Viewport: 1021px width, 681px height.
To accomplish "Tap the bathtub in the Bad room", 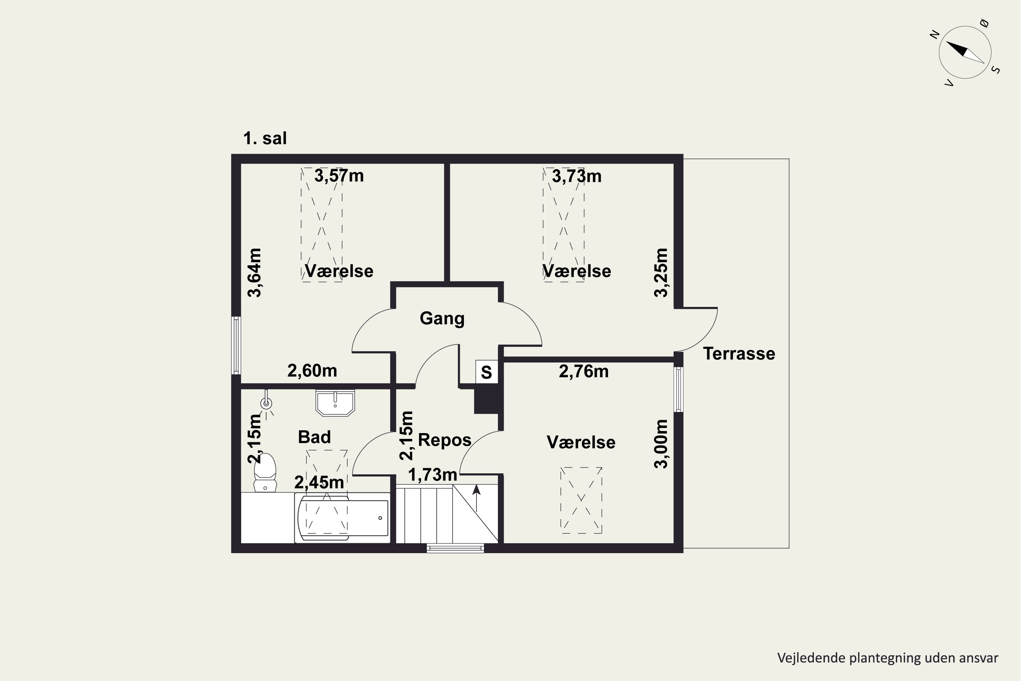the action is pyautogui.click(x=342, y=518).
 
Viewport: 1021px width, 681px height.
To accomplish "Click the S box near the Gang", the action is pyautogui.click(x=487, y=372).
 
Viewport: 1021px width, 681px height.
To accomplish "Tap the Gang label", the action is pyautogui.click(x=442, y=318).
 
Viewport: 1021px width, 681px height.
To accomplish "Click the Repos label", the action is pyautogui.click(x=444, y=440).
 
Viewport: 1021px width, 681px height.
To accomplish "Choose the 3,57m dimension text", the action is pyautogui.click(x=339, y=176).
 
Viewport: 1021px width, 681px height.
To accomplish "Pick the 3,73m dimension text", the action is pyautogui.click(x=577, y=176).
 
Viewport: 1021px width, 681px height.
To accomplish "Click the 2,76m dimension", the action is pyautogui.click(x=583, y=371).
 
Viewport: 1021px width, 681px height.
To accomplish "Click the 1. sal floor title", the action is pyautogui.click(x=265, y=138).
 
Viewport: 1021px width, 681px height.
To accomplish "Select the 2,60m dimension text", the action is pyautogui.click(x=312, y=370).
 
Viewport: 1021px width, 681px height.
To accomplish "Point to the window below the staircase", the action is pyautogui.click(x=455, y=548).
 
